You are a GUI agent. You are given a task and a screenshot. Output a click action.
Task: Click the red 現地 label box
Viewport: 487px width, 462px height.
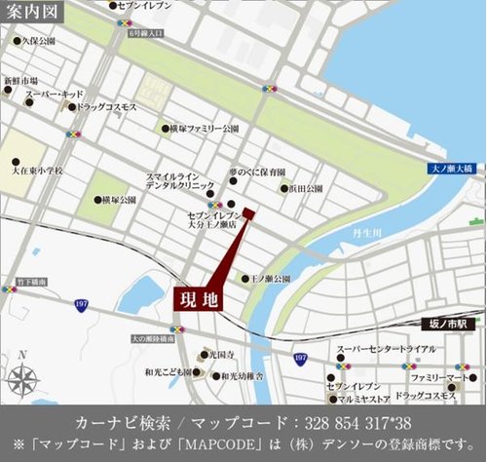pos(199,299)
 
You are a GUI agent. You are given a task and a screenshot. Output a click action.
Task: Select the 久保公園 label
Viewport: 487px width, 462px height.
pos(39,42)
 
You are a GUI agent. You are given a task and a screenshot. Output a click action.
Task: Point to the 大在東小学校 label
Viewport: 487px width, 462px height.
pos(38,171)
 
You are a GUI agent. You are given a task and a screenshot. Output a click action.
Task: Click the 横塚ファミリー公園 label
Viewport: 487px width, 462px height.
pos(203,128)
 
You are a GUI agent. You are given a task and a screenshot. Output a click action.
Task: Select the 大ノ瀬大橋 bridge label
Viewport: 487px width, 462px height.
pos(451,169)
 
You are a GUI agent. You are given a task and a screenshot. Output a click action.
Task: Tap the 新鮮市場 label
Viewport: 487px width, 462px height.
pos(20,81)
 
